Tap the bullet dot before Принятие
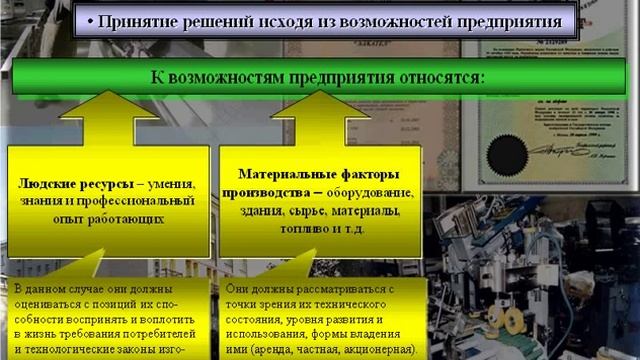tap(91, 21)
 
